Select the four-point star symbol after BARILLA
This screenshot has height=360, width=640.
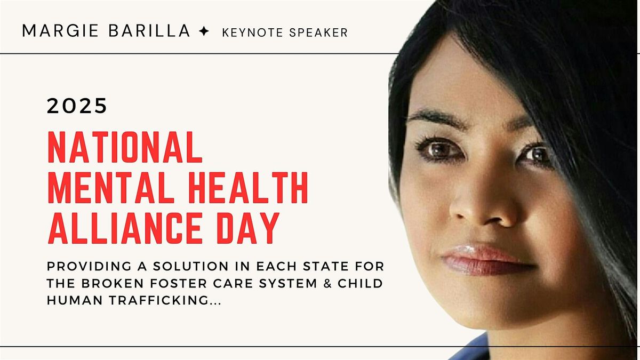click(x=203, y=32)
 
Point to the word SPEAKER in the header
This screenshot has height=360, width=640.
click(x=320, y=33)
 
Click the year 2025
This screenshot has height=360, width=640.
click(x=77, y=107)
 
